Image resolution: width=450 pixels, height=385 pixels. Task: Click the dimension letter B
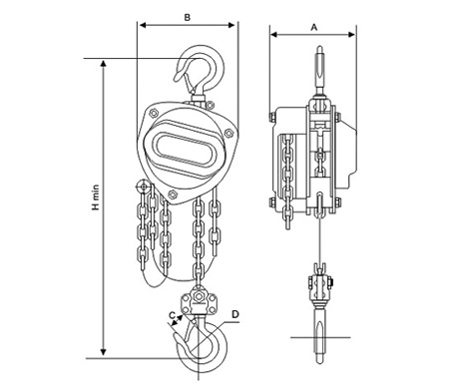point(188,17)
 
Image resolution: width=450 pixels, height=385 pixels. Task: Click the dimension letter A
point(314,27)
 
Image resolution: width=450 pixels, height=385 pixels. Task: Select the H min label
point(96,197)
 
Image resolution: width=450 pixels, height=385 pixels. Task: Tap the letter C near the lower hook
point(173,315)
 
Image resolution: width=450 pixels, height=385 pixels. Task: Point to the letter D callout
point(235,314)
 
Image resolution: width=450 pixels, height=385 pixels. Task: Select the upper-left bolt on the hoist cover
point(154,113)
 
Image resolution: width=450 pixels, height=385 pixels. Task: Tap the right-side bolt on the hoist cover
point(228,133)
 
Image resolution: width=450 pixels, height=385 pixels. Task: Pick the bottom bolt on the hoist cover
point(172,194)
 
